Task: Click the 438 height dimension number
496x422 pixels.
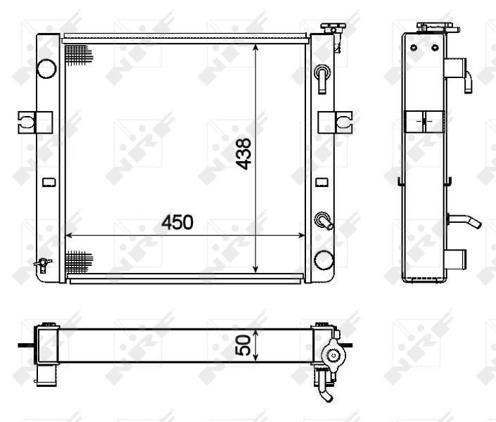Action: [x=243, y=153]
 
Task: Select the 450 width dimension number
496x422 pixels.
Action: [x=177, y=223]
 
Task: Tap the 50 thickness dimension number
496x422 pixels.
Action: [x=243, y=345]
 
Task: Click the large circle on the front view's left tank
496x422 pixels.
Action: [x=46, y=68]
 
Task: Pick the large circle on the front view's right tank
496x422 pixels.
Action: [x=323, y=260]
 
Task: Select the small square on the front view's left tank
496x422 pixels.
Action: [x=48, y=183]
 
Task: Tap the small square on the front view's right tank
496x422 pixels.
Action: [x=322, y=183]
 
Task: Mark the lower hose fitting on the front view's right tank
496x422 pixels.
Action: [x=324, y=220]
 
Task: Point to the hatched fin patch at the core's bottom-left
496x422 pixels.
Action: [x=78, y=262]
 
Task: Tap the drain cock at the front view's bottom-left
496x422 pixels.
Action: [x=42, y=264]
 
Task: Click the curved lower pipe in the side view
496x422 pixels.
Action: [x=464, y=221]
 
